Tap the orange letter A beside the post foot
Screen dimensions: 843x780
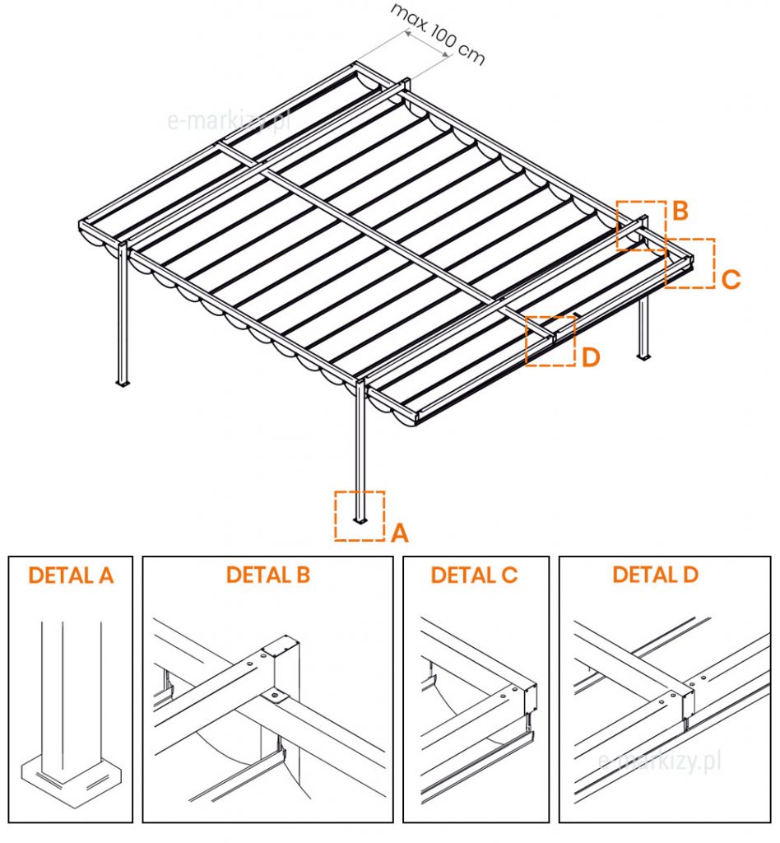tap(399, 533)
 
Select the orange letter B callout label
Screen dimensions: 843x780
tap(680, 211)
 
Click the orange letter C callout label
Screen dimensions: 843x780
tap(730, 279)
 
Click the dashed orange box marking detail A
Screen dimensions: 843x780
tap(360, 515)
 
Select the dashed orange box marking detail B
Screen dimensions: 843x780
tap(641, 225)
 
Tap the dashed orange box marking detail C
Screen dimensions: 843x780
tap(689, 263)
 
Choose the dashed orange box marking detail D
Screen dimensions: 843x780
tap(550, 340)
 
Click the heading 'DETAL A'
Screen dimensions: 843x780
tap(71, 575)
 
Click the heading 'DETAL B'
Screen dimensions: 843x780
tap(268, 575)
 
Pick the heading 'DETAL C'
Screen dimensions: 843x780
tap(475, 575)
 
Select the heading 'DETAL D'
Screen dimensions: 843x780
tap(656, 574)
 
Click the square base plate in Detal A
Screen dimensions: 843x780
tap(71, 778)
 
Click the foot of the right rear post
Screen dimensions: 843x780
tap(643, 356)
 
